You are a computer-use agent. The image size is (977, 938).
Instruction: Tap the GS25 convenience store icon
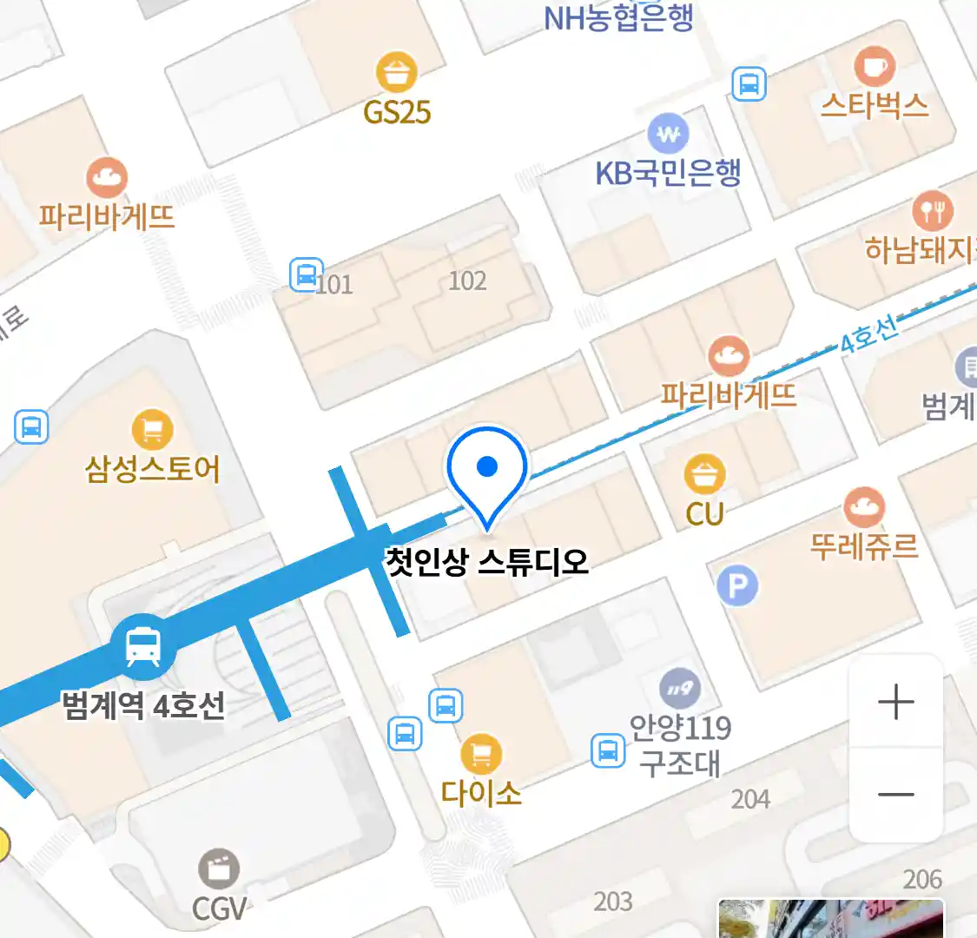point(397,72)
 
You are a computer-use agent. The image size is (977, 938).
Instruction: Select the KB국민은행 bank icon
point(668,134)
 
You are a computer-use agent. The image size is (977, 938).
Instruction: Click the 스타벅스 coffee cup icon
point(875,67)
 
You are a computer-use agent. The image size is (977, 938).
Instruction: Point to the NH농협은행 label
point(618,17)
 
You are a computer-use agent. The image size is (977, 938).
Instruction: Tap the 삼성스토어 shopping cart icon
point(152,430)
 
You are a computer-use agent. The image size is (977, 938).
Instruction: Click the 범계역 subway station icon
point(142,647)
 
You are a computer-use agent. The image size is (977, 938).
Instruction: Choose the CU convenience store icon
point(704,475)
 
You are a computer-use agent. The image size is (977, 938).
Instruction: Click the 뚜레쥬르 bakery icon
point(863,507)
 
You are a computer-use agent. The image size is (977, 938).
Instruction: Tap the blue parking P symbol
point(737,587)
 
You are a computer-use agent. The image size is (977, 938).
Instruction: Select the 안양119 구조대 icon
point(680,690)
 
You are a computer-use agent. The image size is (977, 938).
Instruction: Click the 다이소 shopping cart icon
point(480,753)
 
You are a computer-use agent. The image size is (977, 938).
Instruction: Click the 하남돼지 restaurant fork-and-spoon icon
point(932,210)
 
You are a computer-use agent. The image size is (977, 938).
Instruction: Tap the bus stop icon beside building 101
point(306,274)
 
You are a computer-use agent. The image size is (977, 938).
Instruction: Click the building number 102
point(467,281)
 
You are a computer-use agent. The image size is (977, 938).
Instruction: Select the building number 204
point(750,799)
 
